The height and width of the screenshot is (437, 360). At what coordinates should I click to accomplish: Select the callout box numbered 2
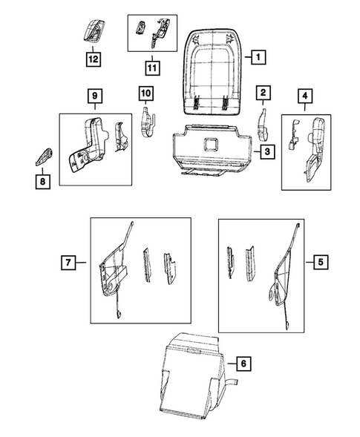[x=264, y=93]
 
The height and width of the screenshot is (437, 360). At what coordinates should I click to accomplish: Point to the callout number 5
[x=320, y=261]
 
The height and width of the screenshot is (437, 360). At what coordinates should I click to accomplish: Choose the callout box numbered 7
[x=68, y=262]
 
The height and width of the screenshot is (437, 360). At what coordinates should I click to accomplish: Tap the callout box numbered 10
[x=145, y=93]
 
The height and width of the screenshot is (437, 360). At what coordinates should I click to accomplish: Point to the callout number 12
[x=94, y=57]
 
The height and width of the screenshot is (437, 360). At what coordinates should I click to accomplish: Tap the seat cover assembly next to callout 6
[x=191, y=371]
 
